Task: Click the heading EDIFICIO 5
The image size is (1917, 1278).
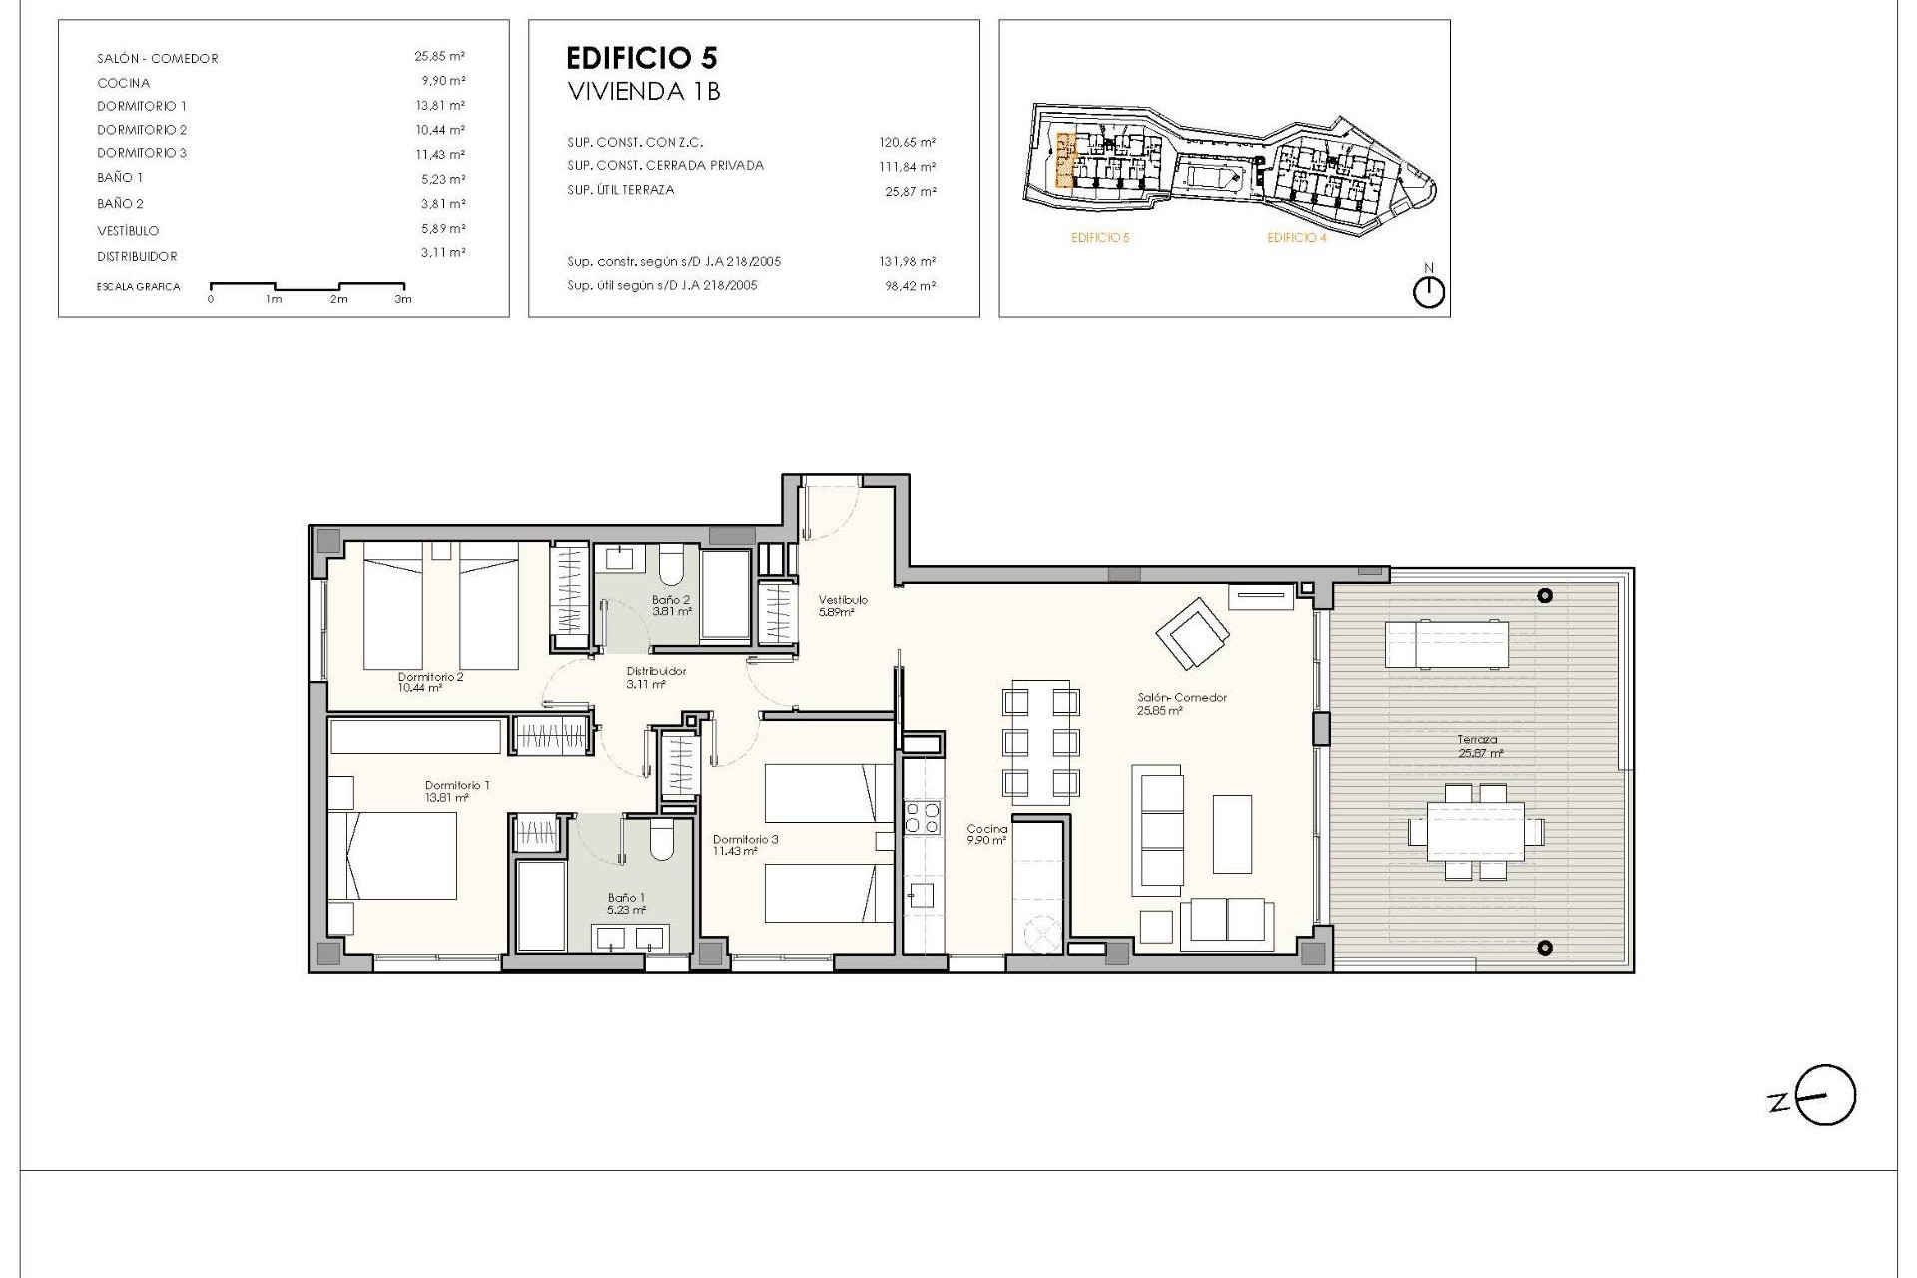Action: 641,57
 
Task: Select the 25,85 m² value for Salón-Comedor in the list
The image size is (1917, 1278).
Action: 439,57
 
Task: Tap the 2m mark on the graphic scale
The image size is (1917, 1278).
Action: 339,299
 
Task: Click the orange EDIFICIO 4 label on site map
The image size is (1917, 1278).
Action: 1296,238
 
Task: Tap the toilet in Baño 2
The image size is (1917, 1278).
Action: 671,567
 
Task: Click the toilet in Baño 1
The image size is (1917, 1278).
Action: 661,841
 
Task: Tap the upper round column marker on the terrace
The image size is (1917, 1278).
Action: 1545,596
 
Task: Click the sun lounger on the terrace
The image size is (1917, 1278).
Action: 1446,643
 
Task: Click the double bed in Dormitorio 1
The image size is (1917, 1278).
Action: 393,855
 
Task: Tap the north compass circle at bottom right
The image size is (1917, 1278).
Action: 1826,1096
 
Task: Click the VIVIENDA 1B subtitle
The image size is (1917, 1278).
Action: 644,92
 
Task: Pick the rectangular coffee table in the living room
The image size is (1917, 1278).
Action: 1232,833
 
